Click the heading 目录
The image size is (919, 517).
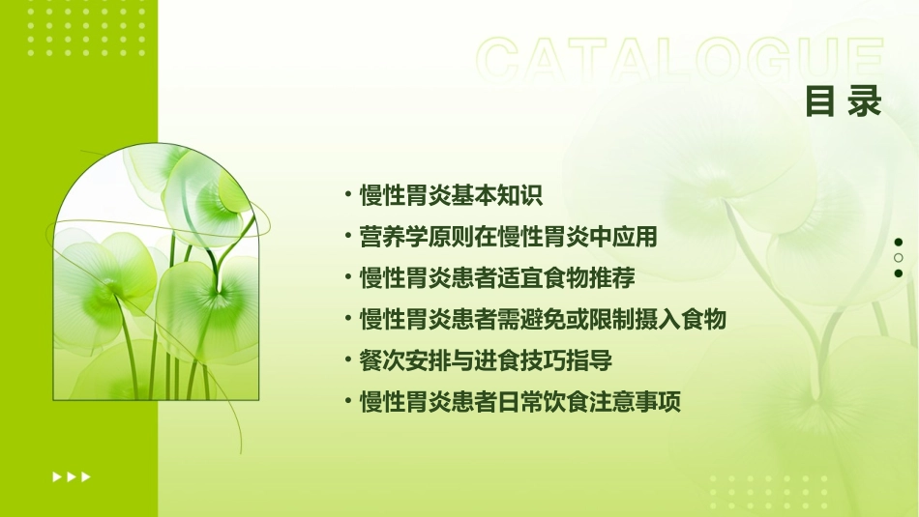click(x=844, y=101)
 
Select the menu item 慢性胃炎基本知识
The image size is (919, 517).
click(x=451, y=195)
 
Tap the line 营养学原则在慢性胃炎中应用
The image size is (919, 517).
click(x=508, y=237)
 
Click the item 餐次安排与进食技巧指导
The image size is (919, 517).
click(x=485, y=360)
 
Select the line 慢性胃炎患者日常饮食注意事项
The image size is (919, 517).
click(x=519, y=402)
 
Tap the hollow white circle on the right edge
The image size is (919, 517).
click(x=899, y=257)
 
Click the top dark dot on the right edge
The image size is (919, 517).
click(x=899, y=242)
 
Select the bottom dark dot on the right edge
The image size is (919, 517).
click(x=899, y=273)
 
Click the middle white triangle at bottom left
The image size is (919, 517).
click(x=72, y=476)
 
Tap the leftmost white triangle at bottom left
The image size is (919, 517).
click(x=57, y=476)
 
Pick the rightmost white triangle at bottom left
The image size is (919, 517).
click(x=86, y=476)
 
